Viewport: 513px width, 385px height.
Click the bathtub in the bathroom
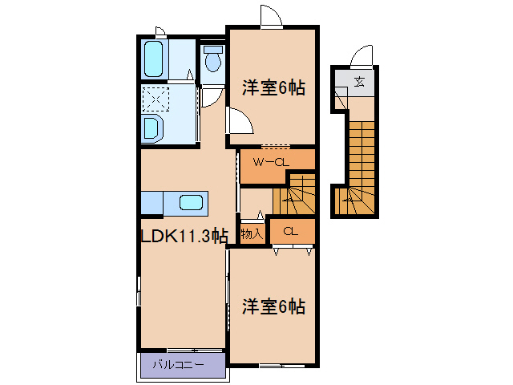(155, 57)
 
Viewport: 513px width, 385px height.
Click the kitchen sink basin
(190, 201)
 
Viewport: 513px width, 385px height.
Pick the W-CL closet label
(270, 163)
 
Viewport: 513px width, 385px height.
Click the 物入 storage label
(252, 234)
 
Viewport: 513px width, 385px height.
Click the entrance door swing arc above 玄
(362, 55)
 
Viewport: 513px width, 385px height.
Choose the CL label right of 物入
(291, 232)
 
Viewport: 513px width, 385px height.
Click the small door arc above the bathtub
(160, 32)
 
